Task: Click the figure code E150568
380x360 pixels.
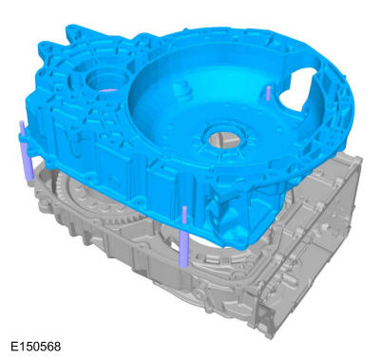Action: click(35, 346)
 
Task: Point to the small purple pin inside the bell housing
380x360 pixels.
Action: click(268, 93)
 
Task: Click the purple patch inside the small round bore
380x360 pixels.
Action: click(107, 90)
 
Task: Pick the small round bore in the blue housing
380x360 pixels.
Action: click(105, 79)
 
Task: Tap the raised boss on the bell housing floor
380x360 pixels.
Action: click(183, 89)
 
